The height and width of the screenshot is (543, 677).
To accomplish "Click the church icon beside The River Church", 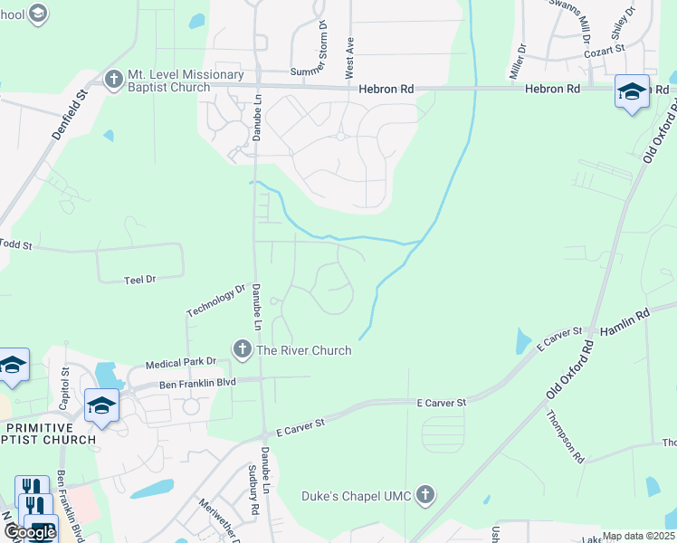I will point(242,349).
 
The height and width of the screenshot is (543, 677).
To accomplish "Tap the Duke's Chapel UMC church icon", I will point(426,495).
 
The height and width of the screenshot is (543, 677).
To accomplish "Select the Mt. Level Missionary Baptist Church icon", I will point(114,80).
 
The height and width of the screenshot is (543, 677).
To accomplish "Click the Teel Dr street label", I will point(140,280).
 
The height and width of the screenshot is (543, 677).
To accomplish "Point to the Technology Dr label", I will point(215,300).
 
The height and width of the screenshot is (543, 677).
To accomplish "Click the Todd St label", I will point(15,244).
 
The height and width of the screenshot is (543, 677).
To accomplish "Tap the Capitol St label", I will point(64,386).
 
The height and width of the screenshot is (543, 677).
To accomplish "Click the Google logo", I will point(30,532).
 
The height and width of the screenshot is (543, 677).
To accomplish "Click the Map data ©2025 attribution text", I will point(638,537).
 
